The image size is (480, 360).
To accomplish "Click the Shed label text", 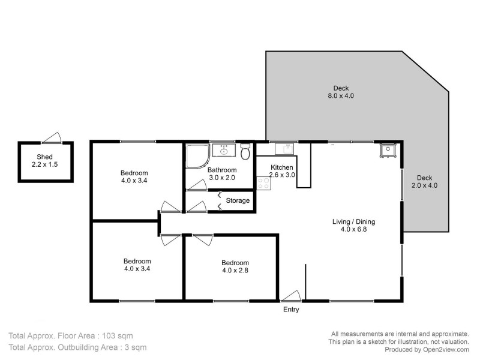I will [46, 157].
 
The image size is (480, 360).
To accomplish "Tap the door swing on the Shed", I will [55, 138].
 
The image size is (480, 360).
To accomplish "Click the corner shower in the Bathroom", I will [196, 155].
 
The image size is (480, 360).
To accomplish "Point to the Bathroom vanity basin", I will [223, 149].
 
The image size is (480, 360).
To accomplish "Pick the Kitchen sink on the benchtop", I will [283, 149].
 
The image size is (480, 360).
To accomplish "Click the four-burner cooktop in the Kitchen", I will [263, 182].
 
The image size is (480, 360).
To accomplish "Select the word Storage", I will [238, 200].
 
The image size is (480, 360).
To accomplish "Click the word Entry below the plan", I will [291, 310].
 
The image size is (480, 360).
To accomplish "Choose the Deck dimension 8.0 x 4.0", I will [341, 96].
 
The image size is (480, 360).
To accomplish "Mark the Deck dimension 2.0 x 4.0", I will [424, 186].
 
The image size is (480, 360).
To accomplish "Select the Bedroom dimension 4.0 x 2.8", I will [235, 271].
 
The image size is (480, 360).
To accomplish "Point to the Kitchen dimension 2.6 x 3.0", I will [281, 175].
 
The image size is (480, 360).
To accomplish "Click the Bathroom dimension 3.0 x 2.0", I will [222, 178].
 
